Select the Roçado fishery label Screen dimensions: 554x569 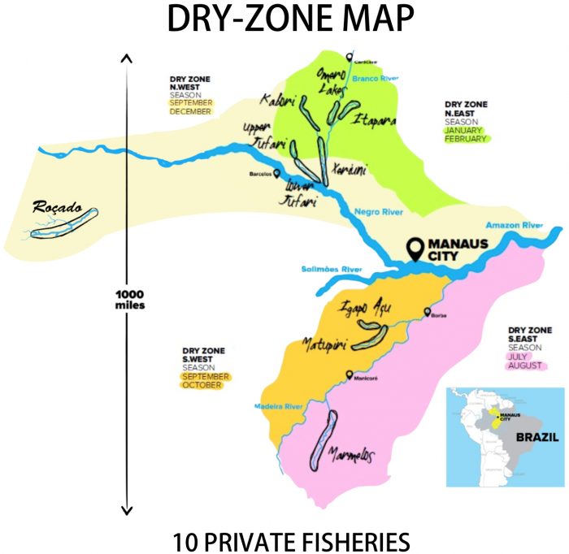pyautogui.click(x=54, y=207)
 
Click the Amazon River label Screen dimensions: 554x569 pyautogui.click(x=513, y=225)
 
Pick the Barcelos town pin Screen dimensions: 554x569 pyautogui.click(x=277, y=173)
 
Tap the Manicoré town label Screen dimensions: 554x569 pyautogui.click(x=364, y=375)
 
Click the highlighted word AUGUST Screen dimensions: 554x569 pyautogui.click(x=524, y=366)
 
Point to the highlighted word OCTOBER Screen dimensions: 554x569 pyautogui.click(x=202, y=385)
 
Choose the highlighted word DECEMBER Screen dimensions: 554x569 pyautogui.click(x=190, y=112)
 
